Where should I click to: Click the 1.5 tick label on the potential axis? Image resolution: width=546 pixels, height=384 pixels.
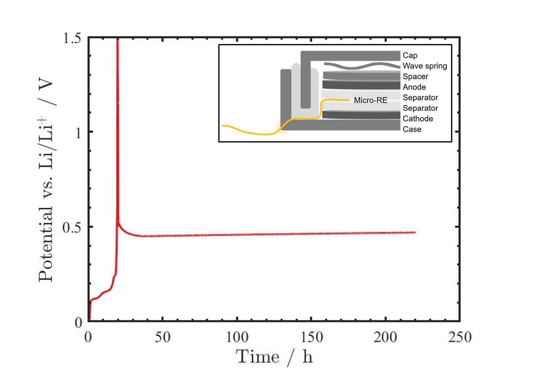[72, 38]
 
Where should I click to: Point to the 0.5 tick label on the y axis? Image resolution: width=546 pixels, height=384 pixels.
[72, 227]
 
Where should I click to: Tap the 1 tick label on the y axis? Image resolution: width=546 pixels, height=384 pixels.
[78, 133]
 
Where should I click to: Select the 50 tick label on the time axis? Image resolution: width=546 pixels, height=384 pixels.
[163, 337]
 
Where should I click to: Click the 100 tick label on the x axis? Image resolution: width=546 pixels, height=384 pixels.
[237, 337]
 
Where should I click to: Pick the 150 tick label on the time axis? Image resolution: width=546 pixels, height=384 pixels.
[312, 337]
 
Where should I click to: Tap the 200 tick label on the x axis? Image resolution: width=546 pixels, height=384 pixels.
[386, 337]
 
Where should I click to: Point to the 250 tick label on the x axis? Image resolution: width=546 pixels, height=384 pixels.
[460, 337]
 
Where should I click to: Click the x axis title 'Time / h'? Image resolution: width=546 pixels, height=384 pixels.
[274, 357]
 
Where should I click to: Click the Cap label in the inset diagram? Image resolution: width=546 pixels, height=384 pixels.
[410, 55]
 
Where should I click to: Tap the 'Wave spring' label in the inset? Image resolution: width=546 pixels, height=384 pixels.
[425, 66]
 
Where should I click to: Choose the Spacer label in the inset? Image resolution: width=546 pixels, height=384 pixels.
[415, 77]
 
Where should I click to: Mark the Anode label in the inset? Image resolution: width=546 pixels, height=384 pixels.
[414, 87]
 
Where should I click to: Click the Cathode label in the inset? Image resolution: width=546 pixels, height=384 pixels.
[418, 119]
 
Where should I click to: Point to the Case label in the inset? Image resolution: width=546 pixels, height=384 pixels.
[412, 130]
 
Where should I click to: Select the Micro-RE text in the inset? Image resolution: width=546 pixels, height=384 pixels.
[370, 100]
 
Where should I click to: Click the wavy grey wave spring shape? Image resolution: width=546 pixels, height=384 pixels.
[362, 66]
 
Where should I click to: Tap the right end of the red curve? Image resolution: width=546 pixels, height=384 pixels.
[415, 233]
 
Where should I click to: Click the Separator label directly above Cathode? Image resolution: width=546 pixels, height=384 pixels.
[420, 108]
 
